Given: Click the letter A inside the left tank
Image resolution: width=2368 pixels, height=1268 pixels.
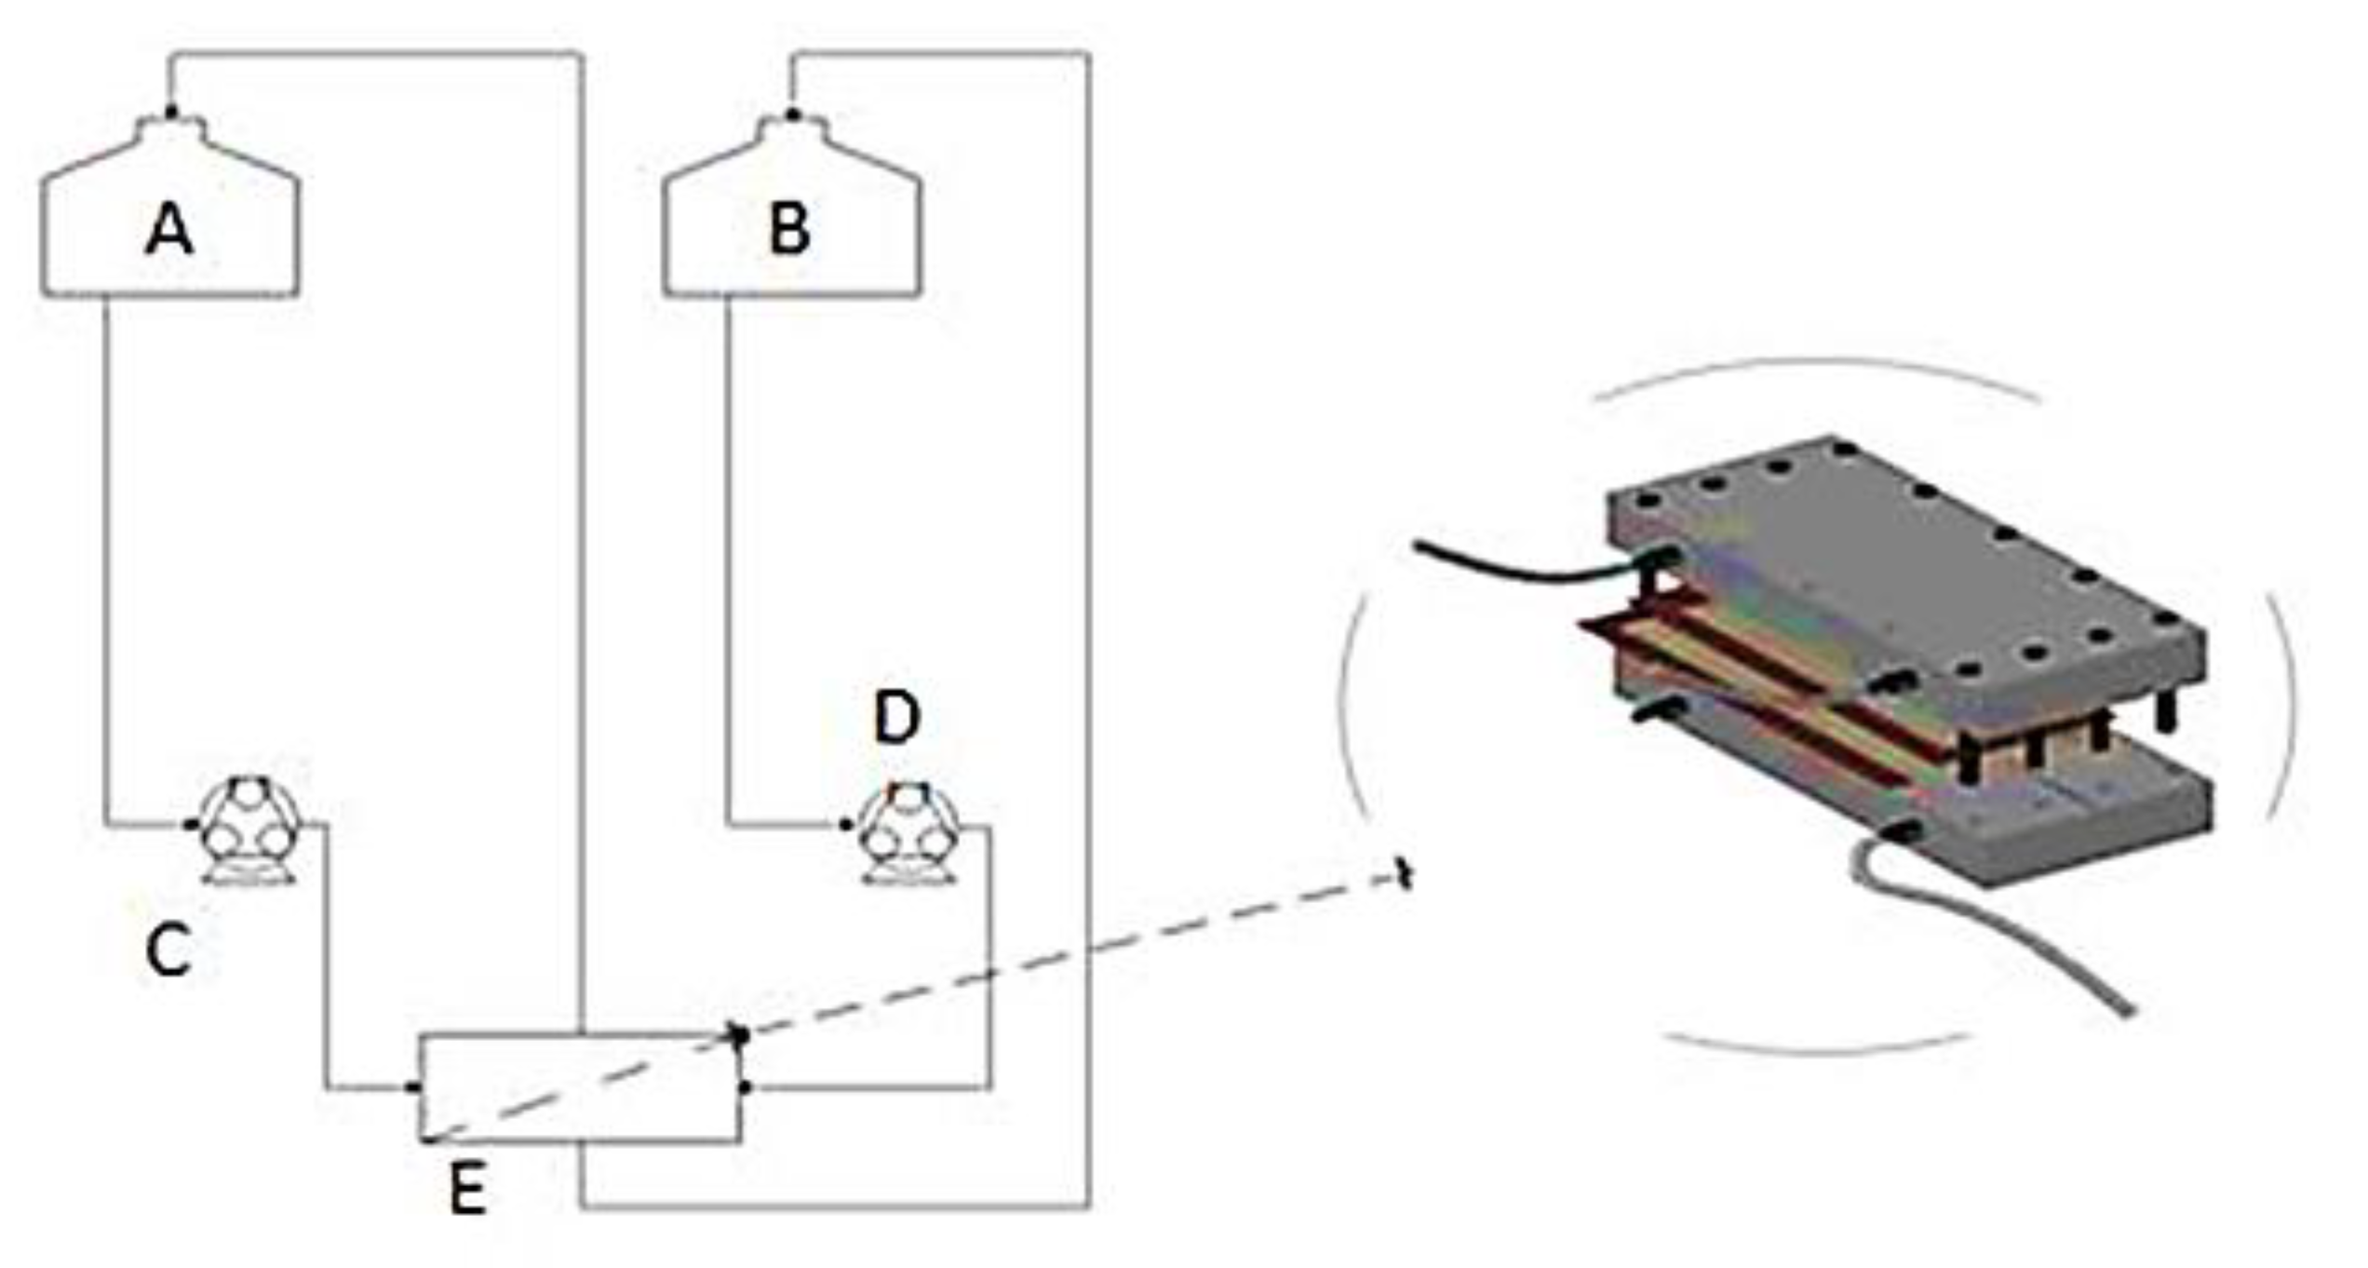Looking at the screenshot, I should pyautogui.click(x=169, y=230).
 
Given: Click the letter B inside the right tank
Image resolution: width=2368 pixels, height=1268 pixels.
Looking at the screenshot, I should pyautogui.click(x=790, y=230).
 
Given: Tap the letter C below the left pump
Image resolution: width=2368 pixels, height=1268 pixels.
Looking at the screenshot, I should pyautogui.click(x=168, y=951).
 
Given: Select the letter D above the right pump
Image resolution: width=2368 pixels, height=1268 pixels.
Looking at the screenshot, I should pyautogui.click(x=896, y=718).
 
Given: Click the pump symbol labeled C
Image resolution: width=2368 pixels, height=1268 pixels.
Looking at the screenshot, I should pyautogui.click(x=248, y=831).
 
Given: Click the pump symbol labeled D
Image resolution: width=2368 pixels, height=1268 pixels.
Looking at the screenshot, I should pyautogui.click(x=908, y=831).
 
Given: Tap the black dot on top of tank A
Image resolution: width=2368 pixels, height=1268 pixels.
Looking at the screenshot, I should pyautogui.click(x=170, y=113).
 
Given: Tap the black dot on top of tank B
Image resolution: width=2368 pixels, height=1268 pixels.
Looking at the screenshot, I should pyautogui.click(x=792, y=115).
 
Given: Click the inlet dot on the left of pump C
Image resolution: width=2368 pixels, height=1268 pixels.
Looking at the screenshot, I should pyautogui.click(x=191, y=824).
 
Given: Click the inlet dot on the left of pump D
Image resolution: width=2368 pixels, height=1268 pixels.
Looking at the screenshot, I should pyautogui.click(x=846, y=824).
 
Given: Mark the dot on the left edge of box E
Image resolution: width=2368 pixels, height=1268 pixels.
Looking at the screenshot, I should pyautogui.click(x=412, y=1086).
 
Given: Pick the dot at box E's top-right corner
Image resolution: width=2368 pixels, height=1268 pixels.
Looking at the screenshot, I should pyautogui.click(x=740, y=1034).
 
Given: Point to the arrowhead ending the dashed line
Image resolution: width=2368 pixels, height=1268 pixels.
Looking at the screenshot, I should pyautogui.click(x=1405, y=875).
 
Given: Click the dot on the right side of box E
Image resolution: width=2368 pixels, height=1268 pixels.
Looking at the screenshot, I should pyautogui.click(x=744, y=1086).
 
